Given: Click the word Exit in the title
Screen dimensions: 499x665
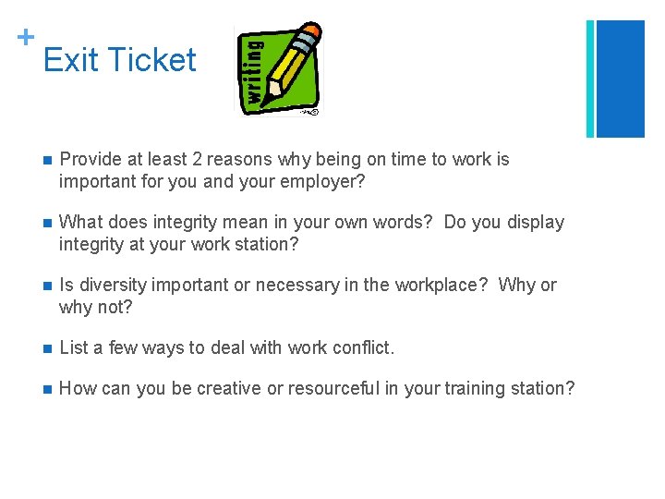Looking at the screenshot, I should pos(69,60).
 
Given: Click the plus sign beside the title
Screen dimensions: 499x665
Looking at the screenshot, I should pos(25,37).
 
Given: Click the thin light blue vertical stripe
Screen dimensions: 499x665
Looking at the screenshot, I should pos(591,79).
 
